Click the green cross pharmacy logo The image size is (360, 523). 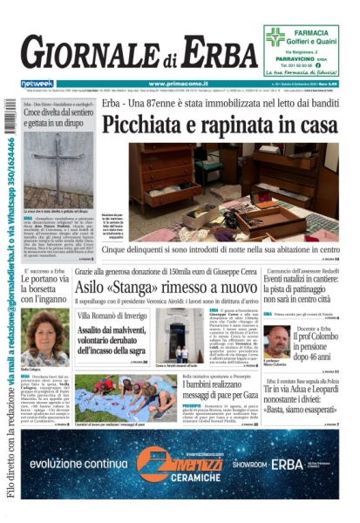click(x=275, y=37)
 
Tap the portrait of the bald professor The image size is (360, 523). click(x=278, y=342)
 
